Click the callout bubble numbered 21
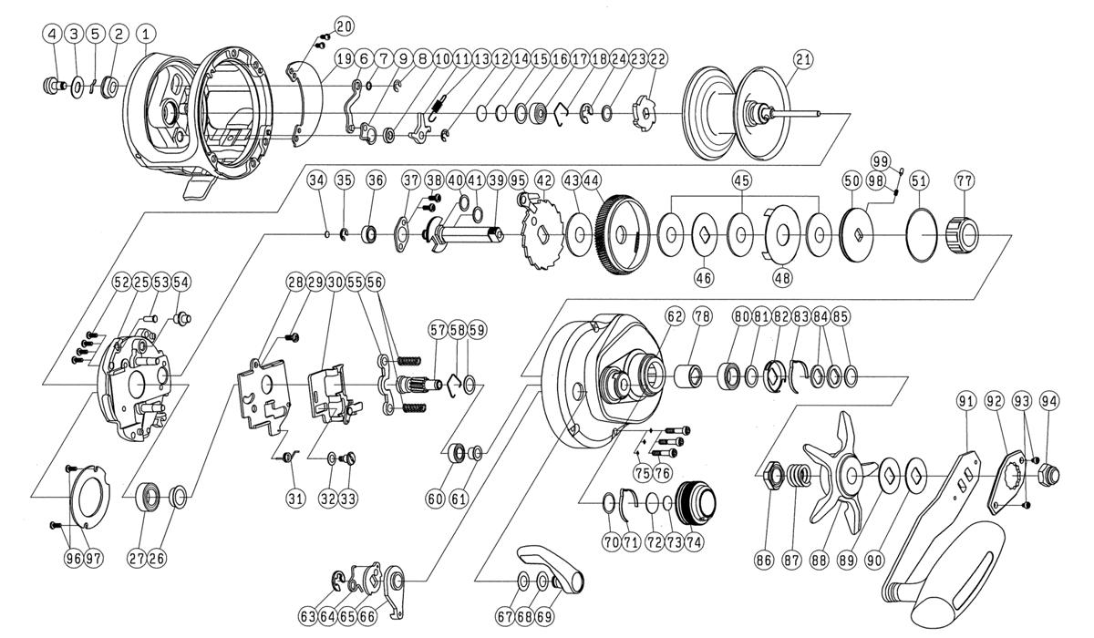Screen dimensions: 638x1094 (802, 59)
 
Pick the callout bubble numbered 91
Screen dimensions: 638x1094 (966, 399)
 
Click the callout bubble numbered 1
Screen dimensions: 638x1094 (144, 34)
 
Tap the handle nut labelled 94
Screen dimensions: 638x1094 (1049, 472)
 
